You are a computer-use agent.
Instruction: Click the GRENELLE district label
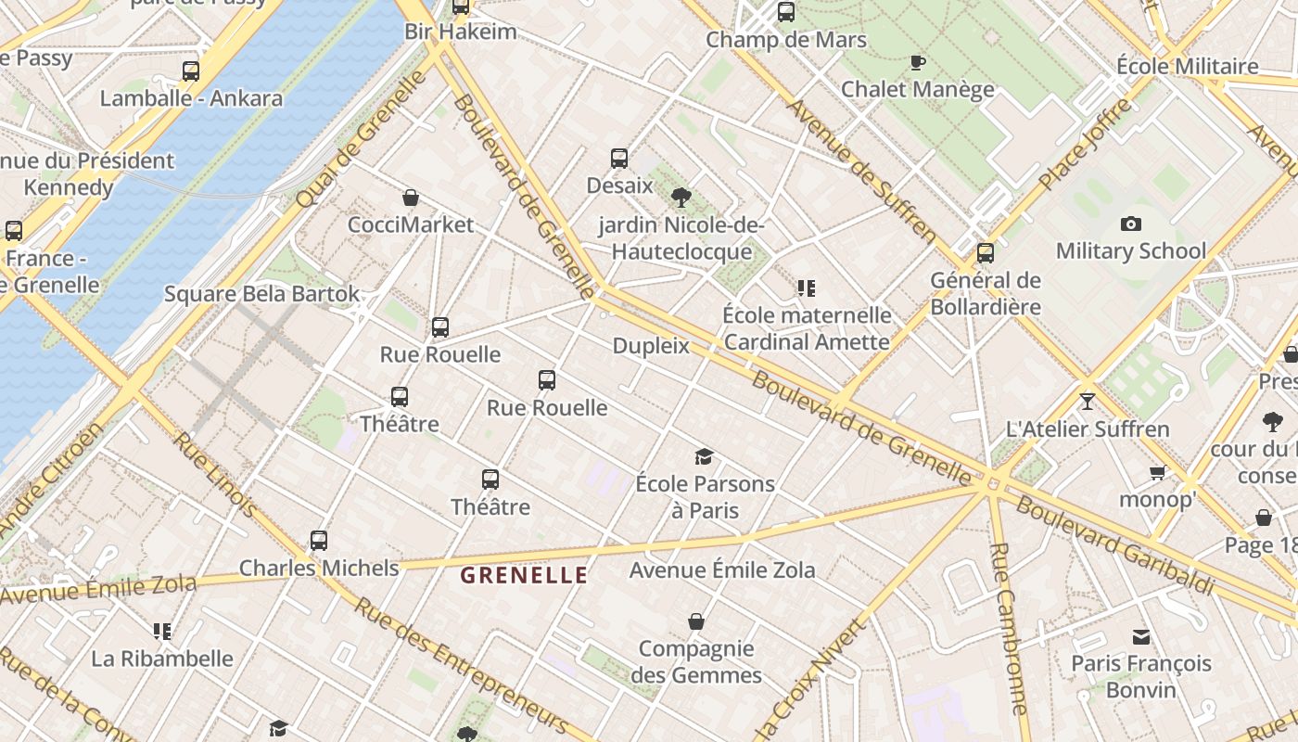tap(524, 575)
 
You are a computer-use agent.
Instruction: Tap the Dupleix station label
tap(651, 346)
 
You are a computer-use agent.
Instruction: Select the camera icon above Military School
tap(1130, 224)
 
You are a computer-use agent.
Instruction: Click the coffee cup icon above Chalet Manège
tap(917, 63)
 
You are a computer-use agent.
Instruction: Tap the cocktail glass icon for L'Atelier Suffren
tap(1087, 402)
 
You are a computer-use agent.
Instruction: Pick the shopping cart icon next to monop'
tap(1157, 473)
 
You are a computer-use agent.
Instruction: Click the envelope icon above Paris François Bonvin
tap(1140, 636)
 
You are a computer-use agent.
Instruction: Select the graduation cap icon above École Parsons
tap(704, 456)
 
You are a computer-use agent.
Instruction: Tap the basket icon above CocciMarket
tap(411, 198)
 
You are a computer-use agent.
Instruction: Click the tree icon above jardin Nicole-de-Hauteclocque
tap(681, 197)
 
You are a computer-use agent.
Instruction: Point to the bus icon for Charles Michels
tap(318, 540)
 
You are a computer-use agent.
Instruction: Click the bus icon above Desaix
tap(619, 159)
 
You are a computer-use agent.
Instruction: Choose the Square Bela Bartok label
tap(261, 294)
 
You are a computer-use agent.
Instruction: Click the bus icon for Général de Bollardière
tap(985, 252)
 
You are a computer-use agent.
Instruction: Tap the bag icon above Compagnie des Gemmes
tap(696, 620)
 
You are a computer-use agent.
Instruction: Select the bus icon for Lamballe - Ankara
tap(190, 70)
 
